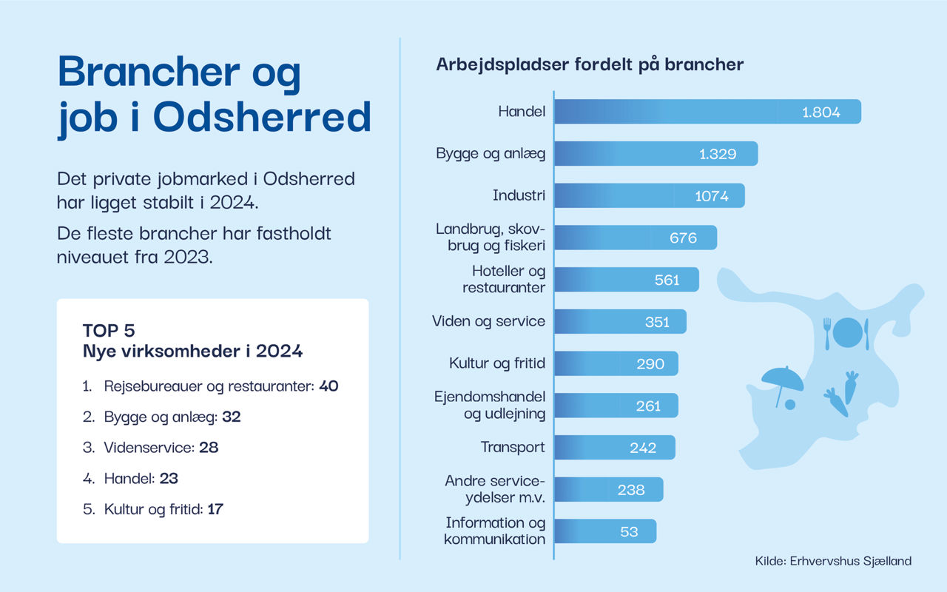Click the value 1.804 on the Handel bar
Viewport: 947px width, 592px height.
[821, 112]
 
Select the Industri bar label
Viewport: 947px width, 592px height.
[519, 196]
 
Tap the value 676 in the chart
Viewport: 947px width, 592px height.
[683, 238]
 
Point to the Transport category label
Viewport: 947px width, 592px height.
[513, 447]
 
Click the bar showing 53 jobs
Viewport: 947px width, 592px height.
[604, 531]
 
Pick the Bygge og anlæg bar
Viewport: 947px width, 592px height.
[656, 154]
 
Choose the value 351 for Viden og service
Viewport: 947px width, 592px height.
[657, 322]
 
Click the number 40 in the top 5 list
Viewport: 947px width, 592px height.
[328, 386]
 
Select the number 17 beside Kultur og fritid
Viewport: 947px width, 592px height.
[215, 509]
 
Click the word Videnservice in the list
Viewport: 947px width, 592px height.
[149, 448]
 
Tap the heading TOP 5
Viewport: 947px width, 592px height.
[109, 330]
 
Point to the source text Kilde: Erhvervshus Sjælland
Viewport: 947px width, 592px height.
[833, 561]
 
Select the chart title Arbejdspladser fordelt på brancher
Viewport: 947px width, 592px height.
[590, 64]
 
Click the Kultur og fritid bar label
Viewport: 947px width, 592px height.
[497, 363]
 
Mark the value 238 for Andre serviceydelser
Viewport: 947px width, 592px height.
[631, 490]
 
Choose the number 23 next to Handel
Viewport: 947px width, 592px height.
[169, 479]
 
